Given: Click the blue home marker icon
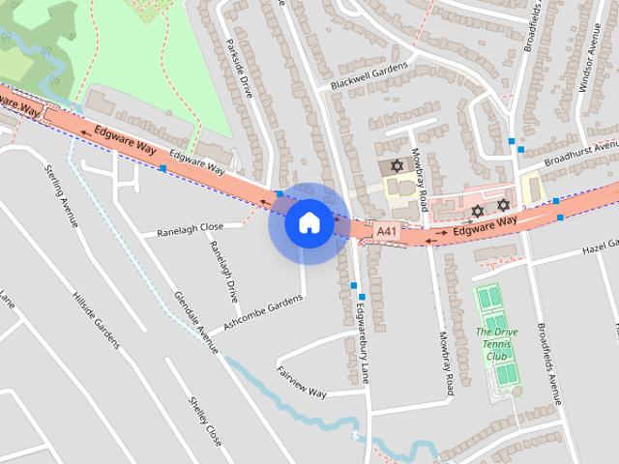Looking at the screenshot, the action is [x=308, y=222].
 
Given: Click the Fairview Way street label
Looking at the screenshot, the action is [x=303, y=381].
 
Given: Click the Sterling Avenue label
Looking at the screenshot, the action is [x=60, y=197].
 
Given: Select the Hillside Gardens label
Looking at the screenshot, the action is [x=96, y=317].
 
